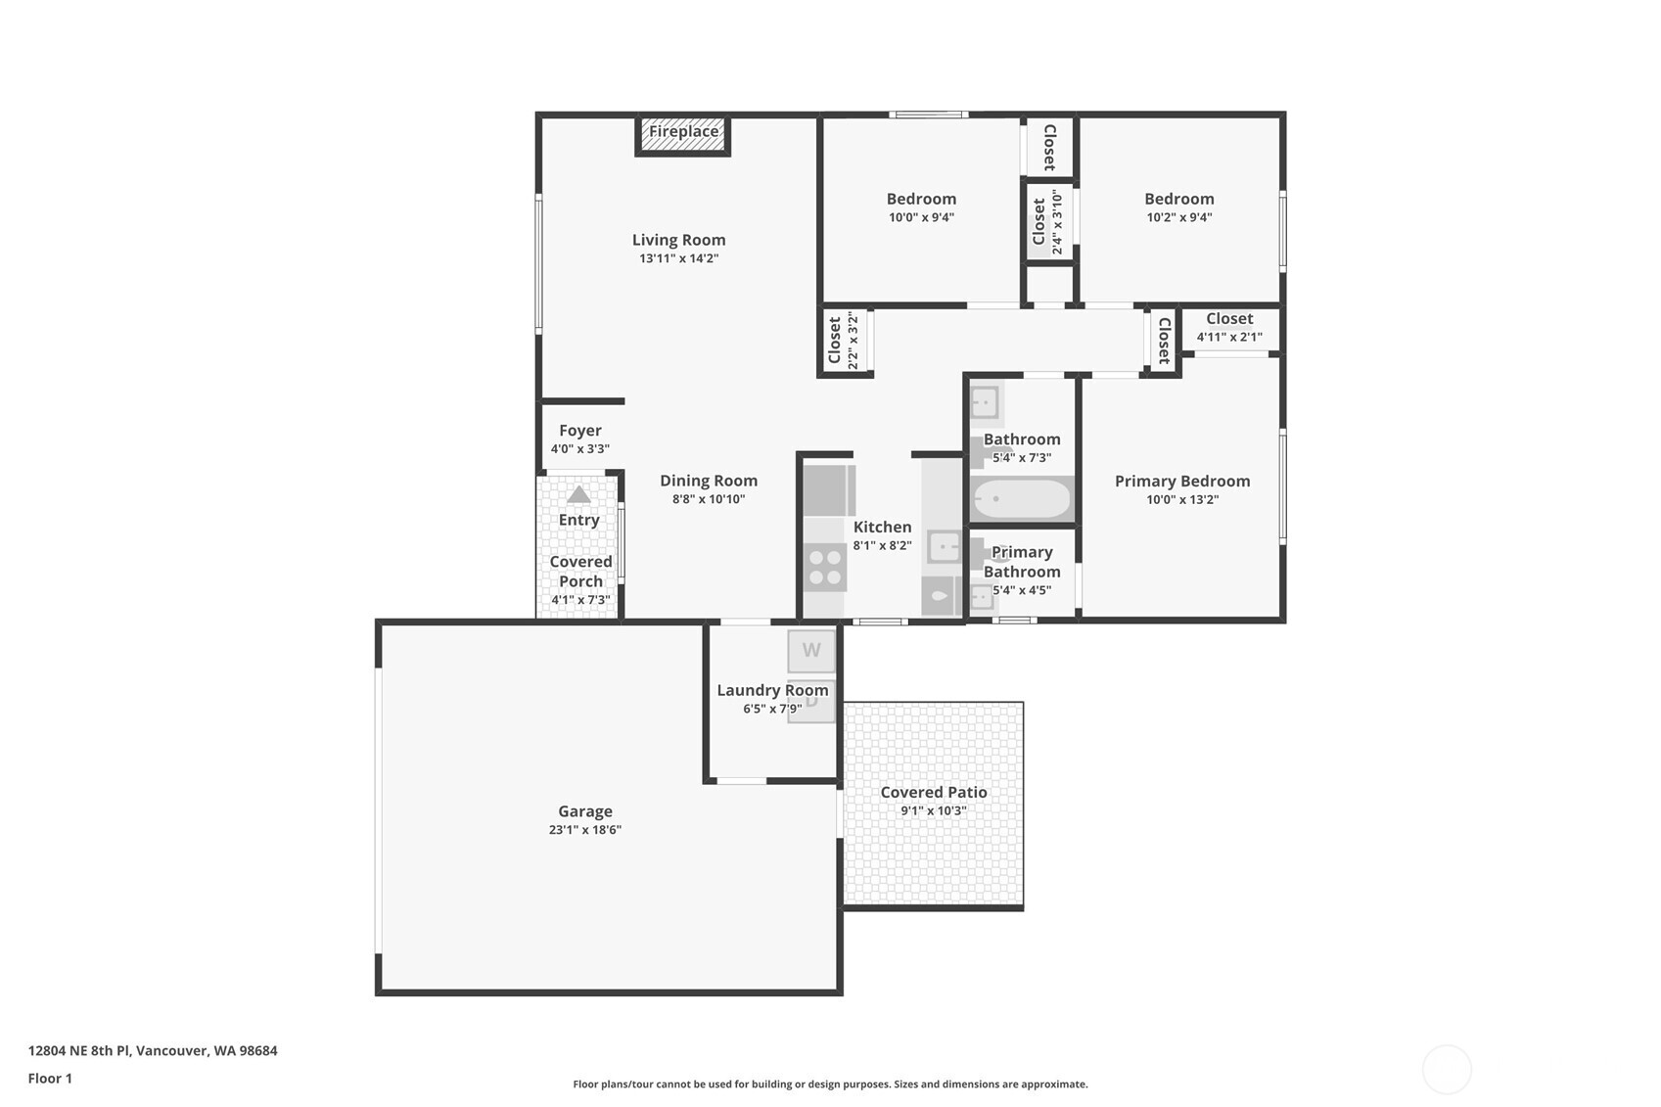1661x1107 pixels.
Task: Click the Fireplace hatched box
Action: pos(683,135)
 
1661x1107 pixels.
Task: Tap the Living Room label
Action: pos(678,240)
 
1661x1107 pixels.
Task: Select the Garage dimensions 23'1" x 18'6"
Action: pos(584,830)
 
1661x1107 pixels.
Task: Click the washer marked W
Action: pos(811,650)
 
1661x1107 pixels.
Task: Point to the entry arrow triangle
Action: pos(578,494)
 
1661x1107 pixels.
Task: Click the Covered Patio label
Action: pos(933,792)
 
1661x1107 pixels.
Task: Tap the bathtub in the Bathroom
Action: pos(1022,499)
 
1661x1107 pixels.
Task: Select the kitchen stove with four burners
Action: pos(824,568)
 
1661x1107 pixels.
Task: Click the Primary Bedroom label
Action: pos(1181,481)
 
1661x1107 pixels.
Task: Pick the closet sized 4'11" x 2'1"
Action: pos(1229,328)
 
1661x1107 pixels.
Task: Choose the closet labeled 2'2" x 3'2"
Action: pos(843,341)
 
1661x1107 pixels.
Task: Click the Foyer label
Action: pos(579,431)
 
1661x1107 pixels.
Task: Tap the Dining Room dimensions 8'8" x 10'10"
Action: pos(708,499)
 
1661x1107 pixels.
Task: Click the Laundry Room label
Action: pos(772,690)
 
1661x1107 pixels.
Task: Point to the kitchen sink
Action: pos(944,546)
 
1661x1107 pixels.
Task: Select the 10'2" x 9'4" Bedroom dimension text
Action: pos(1178,217)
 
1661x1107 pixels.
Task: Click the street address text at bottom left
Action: pos(153,1050)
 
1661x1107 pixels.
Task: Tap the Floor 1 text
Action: pos(50,1079)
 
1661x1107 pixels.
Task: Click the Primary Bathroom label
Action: pos(1022,562)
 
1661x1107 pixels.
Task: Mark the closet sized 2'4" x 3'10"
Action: pos(1046,222)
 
